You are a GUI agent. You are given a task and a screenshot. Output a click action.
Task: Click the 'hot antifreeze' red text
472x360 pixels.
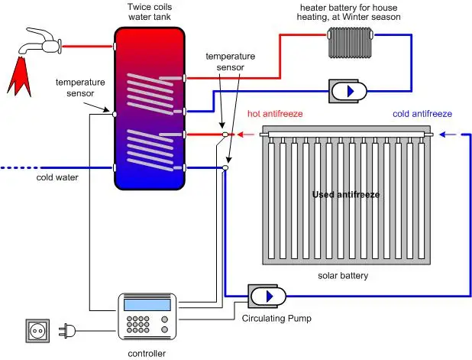275,114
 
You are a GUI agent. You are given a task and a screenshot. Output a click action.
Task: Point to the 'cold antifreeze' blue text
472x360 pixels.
422,114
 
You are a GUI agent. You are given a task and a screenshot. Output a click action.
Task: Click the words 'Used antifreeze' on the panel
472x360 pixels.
345,195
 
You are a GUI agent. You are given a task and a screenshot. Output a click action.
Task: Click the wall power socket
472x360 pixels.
37,332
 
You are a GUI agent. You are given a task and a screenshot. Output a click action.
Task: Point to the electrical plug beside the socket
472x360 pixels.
64,332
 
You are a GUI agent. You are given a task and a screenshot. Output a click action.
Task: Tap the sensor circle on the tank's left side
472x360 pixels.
114,114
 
